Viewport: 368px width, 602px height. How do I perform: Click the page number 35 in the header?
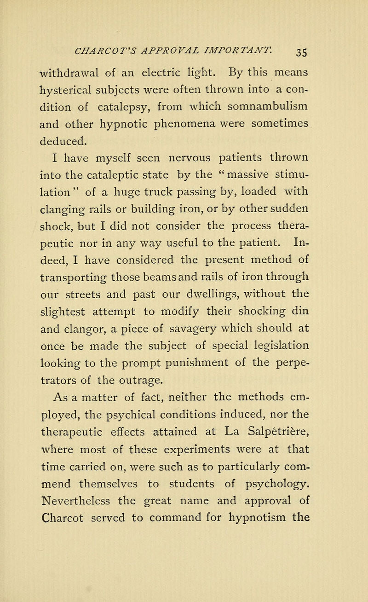pyautogui.click(x=258, y=24)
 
